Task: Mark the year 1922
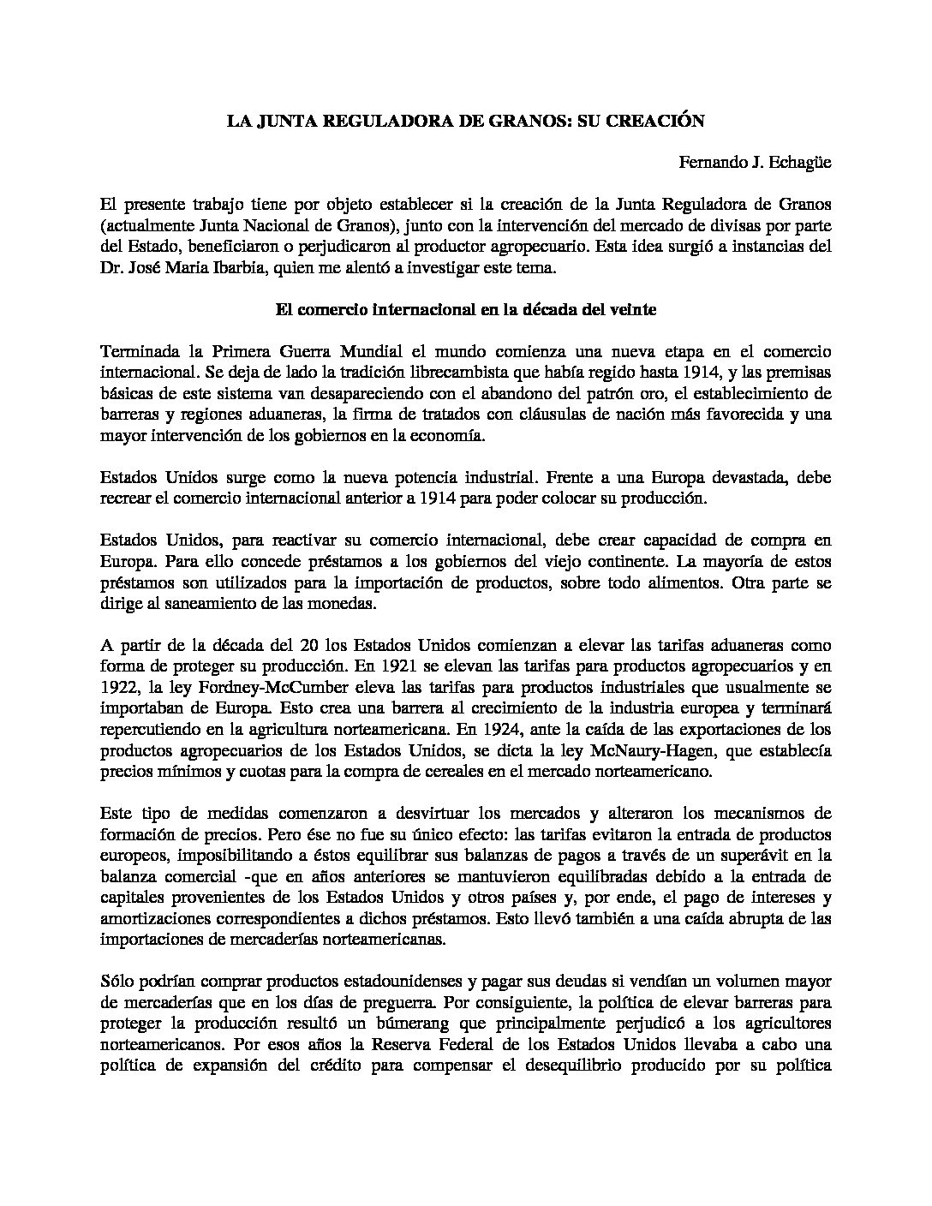120,686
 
